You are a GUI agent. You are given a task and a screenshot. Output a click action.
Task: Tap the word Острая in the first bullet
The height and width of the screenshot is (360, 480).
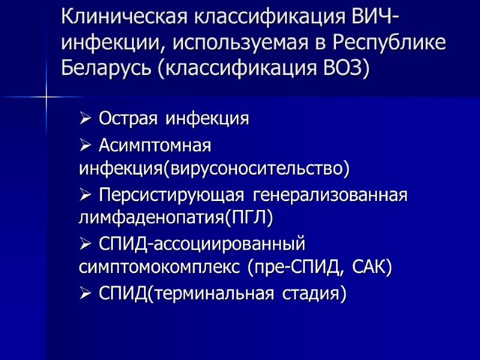pyautogui.click(x=129, y=118)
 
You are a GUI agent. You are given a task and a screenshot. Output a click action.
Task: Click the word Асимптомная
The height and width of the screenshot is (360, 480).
pyautogui.click(x=155, y=145)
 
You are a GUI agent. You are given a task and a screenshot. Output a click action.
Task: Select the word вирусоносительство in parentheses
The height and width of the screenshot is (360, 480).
pyautogui.click(x=257, y=169)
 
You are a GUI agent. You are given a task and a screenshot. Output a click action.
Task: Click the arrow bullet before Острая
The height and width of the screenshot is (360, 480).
pyautogui.click(x=86, y=119)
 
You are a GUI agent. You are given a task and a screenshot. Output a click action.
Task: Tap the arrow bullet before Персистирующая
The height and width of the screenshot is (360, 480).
pyautogui.click(x=86, y=196)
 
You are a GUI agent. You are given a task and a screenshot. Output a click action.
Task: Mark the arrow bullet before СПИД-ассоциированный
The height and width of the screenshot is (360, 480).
pyautogui.click(x=86, y=245)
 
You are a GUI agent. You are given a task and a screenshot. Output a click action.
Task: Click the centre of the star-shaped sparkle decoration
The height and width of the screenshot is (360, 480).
pyautogui.click(x=46, y=97)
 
